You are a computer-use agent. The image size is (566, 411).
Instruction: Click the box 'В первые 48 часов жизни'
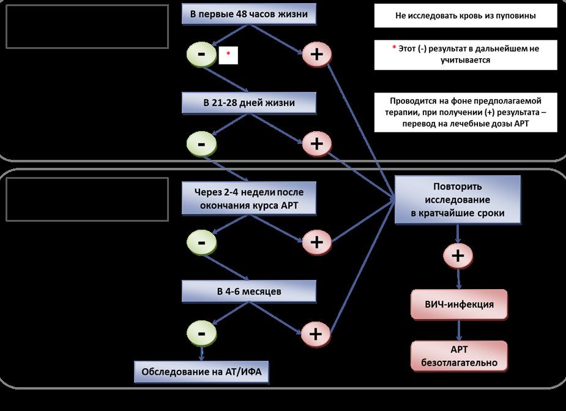coord(249,15)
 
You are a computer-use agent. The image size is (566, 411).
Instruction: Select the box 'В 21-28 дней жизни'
coord(249,103)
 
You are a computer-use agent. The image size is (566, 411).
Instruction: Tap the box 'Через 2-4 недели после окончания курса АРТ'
coord(249,197)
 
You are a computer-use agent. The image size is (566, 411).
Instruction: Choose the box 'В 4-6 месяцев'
coord(249,291)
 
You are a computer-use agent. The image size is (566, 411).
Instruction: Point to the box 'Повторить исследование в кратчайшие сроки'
coord(458,198)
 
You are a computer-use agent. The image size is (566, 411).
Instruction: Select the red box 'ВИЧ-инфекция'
coord(459,304)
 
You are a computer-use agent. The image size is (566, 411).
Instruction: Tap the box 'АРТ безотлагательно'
coord(459,356)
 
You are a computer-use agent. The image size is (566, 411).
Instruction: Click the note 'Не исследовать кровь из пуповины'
coord(466,16)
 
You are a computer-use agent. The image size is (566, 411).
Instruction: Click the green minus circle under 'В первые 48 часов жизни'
coord(201,55)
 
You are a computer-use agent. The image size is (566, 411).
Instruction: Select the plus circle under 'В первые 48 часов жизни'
coord(316,55)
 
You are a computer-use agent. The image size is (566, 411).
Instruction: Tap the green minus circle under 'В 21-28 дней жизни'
coord(201,143)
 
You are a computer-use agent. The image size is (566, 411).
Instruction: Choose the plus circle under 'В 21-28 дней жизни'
coord(316,143)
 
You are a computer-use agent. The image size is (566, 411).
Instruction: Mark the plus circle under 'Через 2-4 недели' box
coord(316,241)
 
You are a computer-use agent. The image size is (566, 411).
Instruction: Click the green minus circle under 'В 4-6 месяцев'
coord(201,334)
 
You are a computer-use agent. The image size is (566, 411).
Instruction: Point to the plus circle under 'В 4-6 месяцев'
coord(316,334)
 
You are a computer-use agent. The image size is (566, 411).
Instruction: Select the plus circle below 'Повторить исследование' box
coord(459,255)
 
